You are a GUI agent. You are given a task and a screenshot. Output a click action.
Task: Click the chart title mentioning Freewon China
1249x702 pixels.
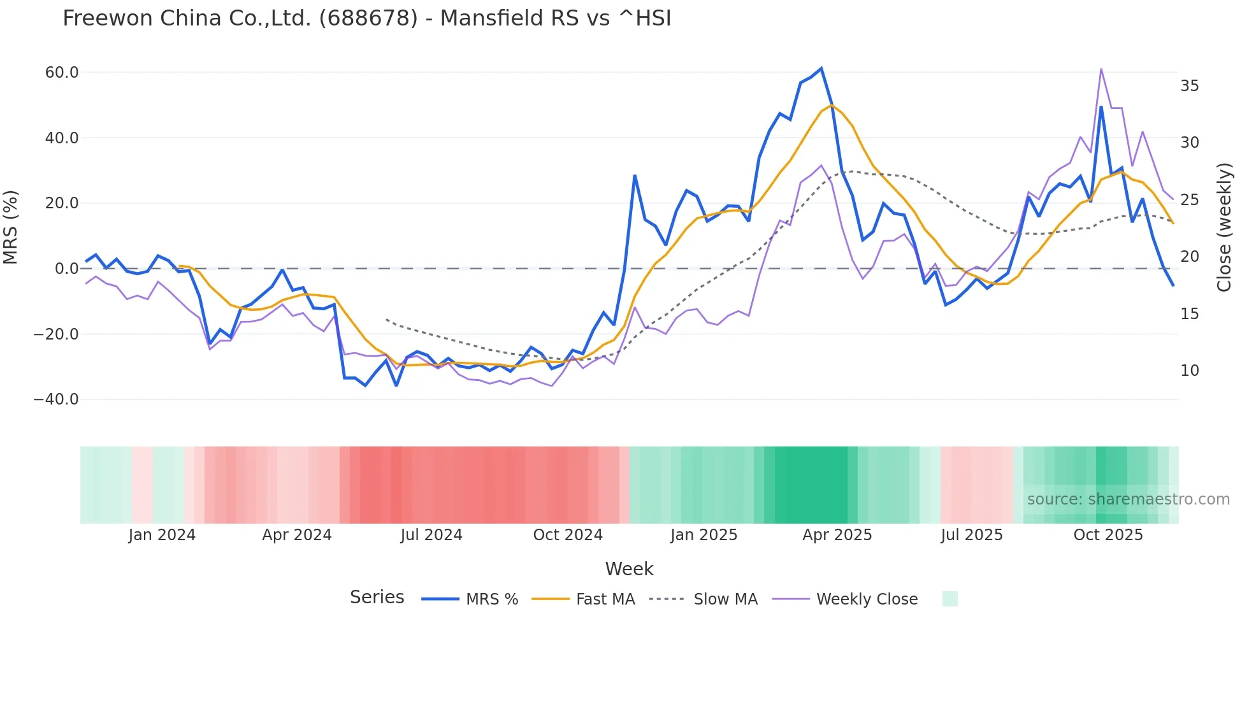366,18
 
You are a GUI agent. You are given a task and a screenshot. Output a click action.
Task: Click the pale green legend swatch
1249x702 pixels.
949,599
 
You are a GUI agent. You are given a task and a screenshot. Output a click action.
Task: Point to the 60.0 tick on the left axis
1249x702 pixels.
62,73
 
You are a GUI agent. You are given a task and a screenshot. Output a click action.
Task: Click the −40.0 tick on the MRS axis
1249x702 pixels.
56,399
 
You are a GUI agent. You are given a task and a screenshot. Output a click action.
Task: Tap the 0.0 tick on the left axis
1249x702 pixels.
66,269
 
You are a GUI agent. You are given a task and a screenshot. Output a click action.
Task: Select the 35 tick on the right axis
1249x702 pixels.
1190,86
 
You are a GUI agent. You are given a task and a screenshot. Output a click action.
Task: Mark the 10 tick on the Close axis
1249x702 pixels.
1190,371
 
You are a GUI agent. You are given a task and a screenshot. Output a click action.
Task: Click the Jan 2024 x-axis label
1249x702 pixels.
162,535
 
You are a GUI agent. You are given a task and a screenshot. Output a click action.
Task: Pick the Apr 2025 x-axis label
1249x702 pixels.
837,535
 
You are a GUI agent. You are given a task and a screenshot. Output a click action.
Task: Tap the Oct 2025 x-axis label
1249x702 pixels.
1108,535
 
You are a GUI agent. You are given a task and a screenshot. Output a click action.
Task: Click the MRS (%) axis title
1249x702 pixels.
11,227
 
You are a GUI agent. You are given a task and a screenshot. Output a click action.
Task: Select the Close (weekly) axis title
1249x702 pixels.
1224,227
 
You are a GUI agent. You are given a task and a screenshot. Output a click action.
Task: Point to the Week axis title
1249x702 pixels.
629,569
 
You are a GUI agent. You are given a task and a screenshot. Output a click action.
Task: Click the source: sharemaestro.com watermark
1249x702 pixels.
1128,499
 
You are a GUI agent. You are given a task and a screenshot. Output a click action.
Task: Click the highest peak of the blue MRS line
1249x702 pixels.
821,68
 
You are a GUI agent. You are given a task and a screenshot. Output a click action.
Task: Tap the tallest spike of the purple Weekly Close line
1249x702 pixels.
1101,69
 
